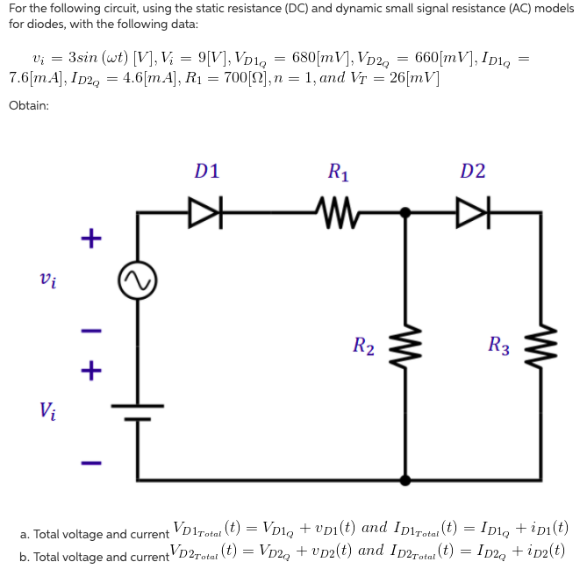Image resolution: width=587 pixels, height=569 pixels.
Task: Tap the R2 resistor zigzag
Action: pyautogui.click(x=404, y=346)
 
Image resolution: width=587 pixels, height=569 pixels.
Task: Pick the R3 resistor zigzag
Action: pyautogui.click(x=540, y=346)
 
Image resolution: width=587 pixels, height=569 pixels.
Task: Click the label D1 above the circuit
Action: pyautogui.click(x=207, y=171)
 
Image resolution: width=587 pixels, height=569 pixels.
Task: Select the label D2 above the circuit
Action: pyautogui.click(x=472, y=171)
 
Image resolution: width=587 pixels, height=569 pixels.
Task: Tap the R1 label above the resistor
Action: pyautogui.click(x=337, y=172)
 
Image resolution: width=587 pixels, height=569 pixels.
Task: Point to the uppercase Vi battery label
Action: pyautogui.click(x=49, y=409)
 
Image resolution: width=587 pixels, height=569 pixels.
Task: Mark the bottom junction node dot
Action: pyautogui.click(x=404, y=480)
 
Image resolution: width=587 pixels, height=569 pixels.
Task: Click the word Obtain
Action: pyautogui.click(x=29, y=105)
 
